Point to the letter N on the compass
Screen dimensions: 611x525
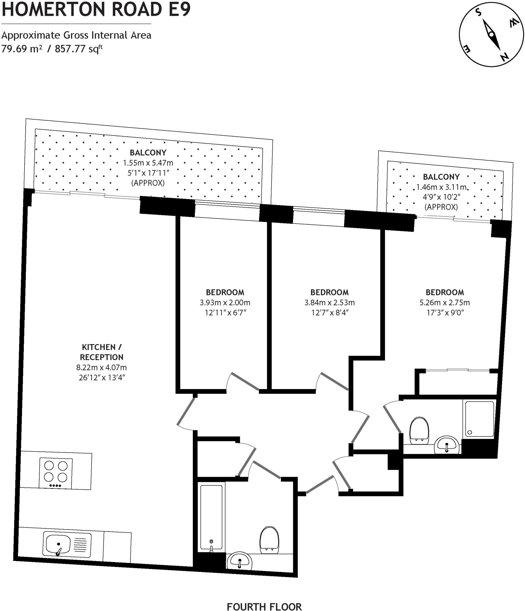(504, 56)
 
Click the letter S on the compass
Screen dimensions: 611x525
(478, 13)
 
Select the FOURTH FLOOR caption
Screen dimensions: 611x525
(264, 599)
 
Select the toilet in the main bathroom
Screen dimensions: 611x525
(270, 540)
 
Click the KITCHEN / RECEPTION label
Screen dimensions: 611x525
(101, 352)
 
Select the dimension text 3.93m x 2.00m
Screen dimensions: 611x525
(225, 303)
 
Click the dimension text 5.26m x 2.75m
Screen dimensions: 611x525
(445, 303)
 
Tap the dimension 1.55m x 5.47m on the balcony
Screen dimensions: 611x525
(148, 163)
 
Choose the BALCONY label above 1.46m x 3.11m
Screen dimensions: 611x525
(441, 177)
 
